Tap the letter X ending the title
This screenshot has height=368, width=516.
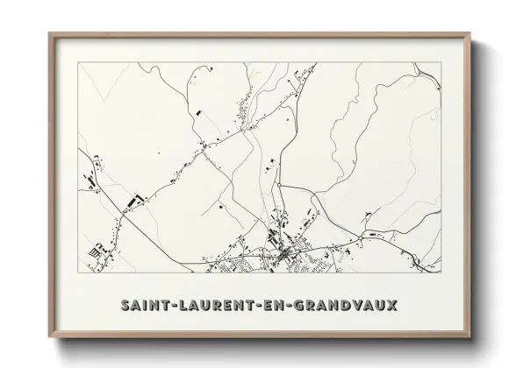[x=391, y=305]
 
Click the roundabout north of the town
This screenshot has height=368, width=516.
[x=278, y=186]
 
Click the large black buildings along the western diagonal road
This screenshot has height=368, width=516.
[x=133, y=201]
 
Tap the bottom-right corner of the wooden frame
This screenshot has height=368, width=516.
[x=469, y=336]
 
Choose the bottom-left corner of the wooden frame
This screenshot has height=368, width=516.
[x=50, y=336]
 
